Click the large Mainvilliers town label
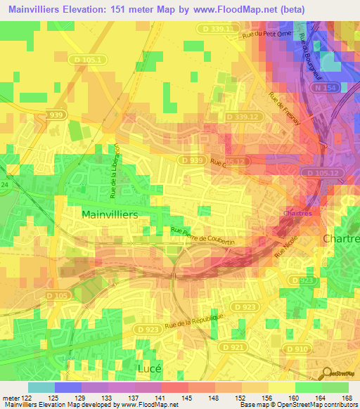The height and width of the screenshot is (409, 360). pos(109,213)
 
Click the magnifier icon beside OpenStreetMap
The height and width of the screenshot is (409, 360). pos(328,373)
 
